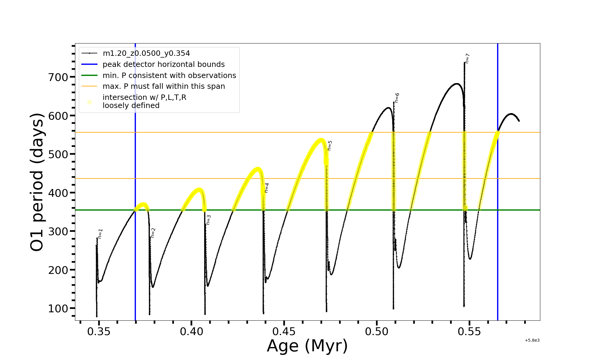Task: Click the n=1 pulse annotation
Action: pos(100,234)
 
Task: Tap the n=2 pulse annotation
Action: pos(153,233)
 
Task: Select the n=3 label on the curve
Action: pos(208,220)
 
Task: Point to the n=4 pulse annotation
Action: pos(266,188)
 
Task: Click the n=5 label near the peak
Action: pos(330,145)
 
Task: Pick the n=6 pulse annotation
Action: pos(397,98)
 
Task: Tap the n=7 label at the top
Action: pos(467,58)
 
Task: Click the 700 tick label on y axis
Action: pos(58,77)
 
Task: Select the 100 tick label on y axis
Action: pos(58,309)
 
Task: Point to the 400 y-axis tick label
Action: pos(58,193)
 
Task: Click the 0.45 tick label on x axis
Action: pos(284,332)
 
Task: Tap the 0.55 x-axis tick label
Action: pos(469,332)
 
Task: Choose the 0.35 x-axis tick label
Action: pos(99,332)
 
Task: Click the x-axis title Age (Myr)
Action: pos(307,346)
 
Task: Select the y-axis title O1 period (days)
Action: pos(37,182)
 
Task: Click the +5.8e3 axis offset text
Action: pos(532,340)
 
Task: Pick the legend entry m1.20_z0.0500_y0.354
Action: pos(146,53)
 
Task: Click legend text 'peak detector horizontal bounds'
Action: pos(163,64)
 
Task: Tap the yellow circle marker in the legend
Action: pos(89,102)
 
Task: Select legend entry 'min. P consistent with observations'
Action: pos(169,76)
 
